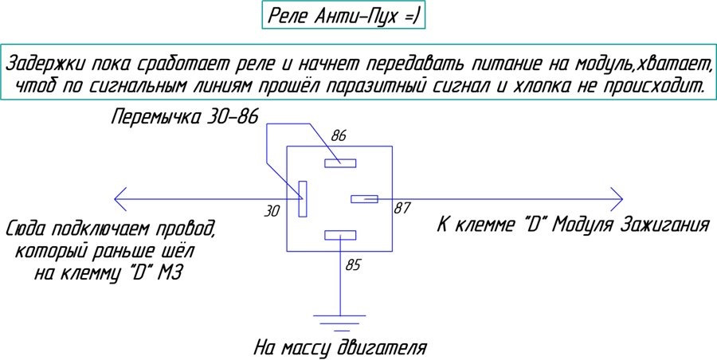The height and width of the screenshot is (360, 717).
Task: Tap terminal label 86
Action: click(x=339, y=136)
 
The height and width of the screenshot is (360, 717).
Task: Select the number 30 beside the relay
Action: click(x=272, y=211)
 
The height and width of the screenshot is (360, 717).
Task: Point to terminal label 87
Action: click(x=402, y=208)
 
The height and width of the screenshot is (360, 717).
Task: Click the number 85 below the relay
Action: click(x=353, y=265)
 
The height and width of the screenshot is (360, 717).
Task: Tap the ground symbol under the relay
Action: click(x=339, y=322)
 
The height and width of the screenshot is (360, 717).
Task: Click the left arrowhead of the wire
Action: click(x=119, y=199)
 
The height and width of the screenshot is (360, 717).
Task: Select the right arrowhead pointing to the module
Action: click(x=617, y=199)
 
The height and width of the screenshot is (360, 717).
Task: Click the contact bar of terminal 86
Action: click(x=340, y=162)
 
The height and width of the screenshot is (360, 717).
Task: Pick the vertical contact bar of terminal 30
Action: click(x=302, y=198)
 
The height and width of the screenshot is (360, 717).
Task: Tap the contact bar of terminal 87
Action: click(x=364, y=199)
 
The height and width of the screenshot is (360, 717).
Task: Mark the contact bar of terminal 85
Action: click(x=340, y=235)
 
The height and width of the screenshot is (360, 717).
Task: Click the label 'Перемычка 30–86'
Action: click(x=185, y=117)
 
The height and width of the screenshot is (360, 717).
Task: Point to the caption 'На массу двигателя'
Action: click(x=339, y=348)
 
